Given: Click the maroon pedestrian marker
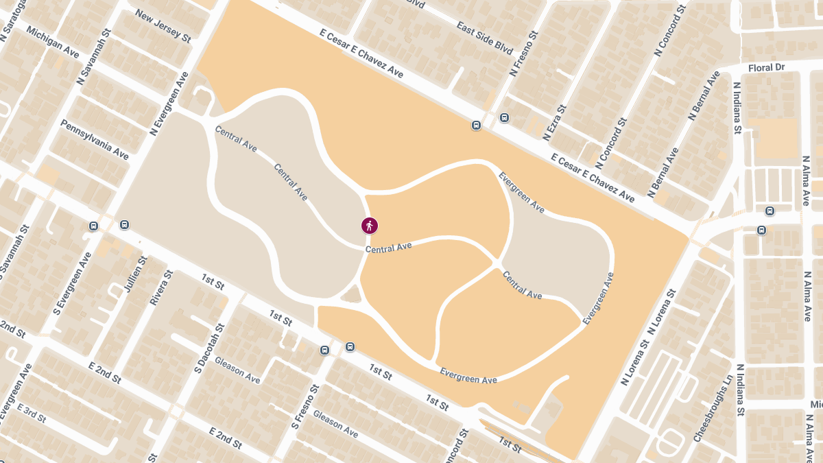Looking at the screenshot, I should pos(370,225).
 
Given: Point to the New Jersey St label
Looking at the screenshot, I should pos(163,26).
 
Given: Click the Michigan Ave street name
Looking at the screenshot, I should pos(53,43).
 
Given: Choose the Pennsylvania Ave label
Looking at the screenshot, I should pos(95,139).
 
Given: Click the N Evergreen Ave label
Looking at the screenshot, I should pos(169,102).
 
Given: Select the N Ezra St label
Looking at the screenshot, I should pos(556,123).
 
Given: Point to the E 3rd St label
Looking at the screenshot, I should pos(32,413).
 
